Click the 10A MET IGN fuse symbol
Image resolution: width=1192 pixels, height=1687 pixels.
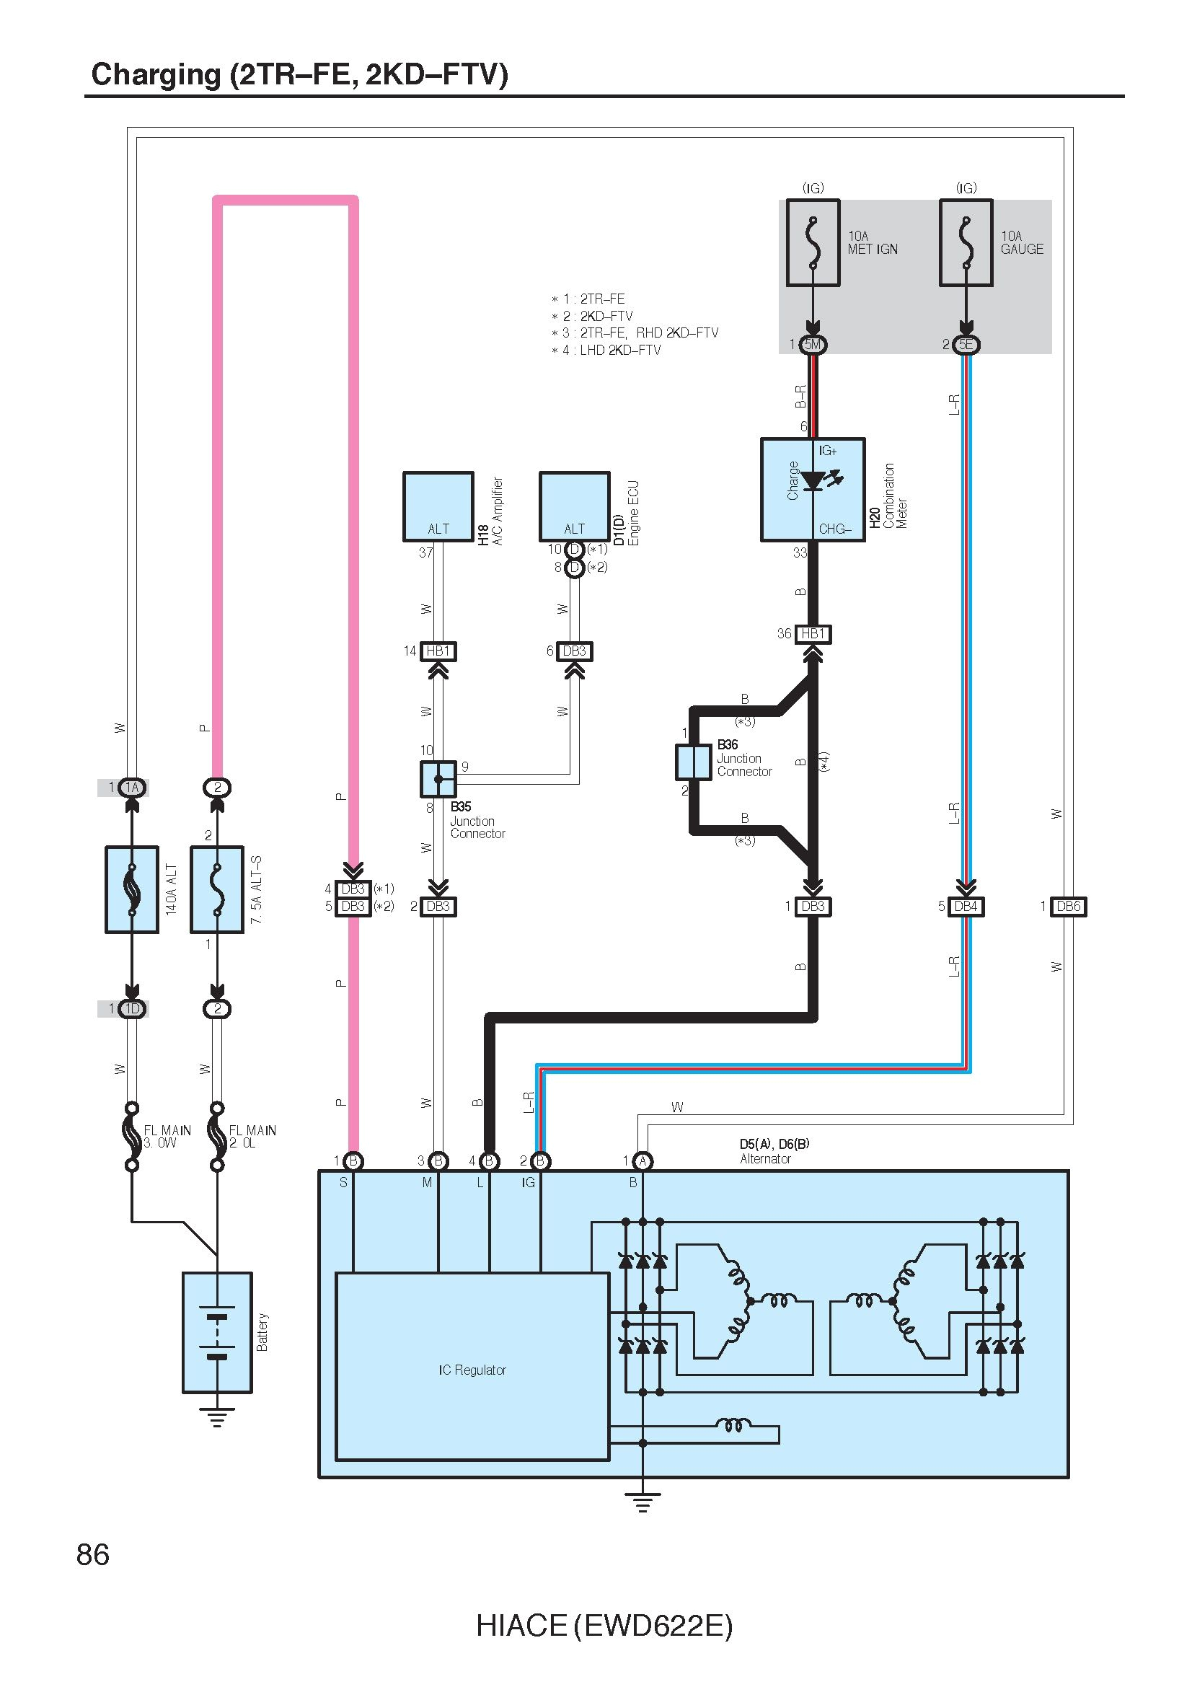click(x=812, y=242)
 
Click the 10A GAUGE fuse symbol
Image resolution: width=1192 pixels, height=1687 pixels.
click(x=966, y=242)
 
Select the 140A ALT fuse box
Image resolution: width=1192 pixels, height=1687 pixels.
click(x=132, y=889)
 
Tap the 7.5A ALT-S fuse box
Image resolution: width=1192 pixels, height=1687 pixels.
click(x=216, y=889)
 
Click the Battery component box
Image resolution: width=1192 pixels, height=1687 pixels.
click(x=216, y=1332)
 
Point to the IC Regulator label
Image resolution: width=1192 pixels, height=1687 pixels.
click(x=472, y=1370)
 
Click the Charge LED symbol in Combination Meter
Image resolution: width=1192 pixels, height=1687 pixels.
click(x=813, y=481)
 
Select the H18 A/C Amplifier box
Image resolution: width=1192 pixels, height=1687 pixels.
click(x=438, y=506)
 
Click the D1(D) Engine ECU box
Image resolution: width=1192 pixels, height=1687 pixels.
click(x=574, y=506)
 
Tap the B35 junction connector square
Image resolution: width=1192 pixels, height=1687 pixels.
click(x=438, y=779)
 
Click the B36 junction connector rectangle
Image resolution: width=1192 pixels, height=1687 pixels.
click(x=693, y=762)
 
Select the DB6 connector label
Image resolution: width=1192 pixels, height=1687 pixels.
click(x=1068, y=906)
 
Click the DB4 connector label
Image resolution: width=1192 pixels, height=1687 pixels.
click(x=966, y=906)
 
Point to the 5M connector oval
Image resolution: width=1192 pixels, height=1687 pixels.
click(x=813, y=344)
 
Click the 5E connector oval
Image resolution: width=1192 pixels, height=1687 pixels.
click(x=966, y=344)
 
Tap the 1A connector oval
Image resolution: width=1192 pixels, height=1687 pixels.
click(x=132, y=788)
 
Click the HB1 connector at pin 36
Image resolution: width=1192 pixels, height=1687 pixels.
click(x=813, y=633)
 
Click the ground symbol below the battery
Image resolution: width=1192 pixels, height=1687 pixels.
click(x=216, y=1416)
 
